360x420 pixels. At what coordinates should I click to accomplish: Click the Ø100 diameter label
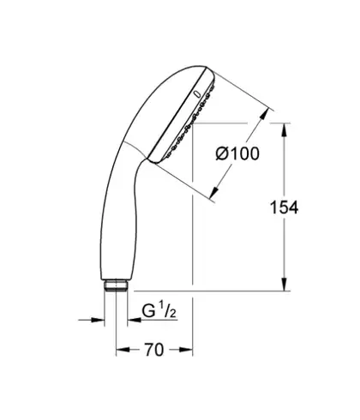point(237,153)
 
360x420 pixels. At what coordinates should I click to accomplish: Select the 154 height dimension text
point(284,207)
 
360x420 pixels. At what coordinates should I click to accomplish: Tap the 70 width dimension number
point(154,350)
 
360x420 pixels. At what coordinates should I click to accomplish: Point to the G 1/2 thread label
point(159,311)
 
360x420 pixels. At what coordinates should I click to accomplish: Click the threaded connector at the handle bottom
point(116,285)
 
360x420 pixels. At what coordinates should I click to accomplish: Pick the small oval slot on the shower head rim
point(197,94)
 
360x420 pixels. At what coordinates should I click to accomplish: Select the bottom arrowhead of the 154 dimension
point(284,284)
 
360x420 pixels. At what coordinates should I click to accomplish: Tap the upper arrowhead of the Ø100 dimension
point(264,113)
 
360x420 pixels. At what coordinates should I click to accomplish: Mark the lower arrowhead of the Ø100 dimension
point(214,192)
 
